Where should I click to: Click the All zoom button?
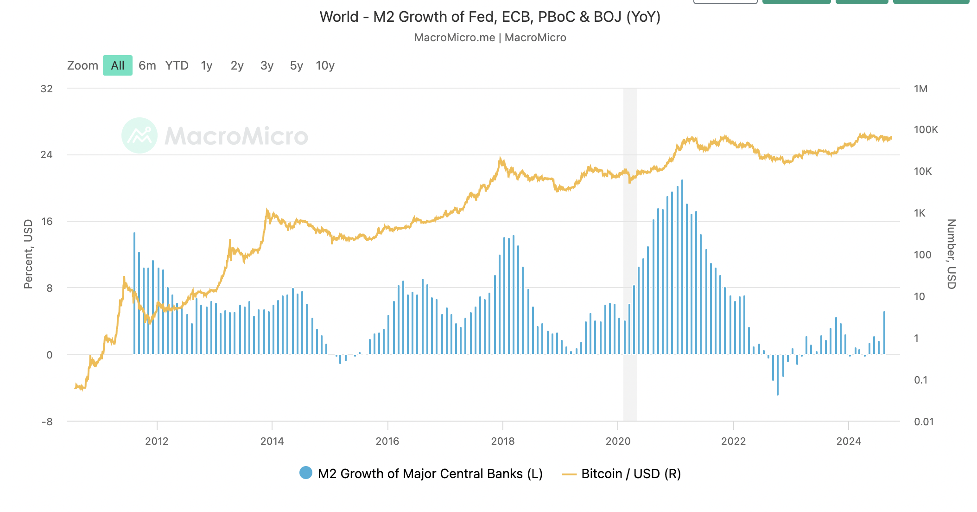[x=118, y=65]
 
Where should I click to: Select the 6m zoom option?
[x=147, y=65]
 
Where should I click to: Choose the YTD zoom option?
[x=177, y=65]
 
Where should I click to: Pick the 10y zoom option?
[x=325, y=65]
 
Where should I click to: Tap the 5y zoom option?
[x=296, y=65]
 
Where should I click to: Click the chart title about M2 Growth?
[x=490, y=17]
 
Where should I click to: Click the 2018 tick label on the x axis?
[x=503, y=441]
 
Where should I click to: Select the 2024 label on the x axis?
[x=849, y=441]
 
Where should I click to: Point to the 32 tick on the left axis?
[x=46, y=89]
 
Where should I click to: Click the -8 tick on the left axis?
[x=47, y=422]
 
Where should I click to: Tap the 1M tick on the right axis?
[x=920, y=89]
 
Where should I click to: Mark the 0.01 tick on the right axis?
[x=924, y=422]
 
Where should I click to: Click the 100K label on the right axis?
[x=926, y=130]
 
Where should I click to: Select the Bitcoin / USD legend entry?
[x=621, y=474]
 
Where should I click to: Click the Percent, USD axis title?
[x=28, y=254]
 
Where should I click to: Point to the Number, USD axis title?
[x=951, y=254]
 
